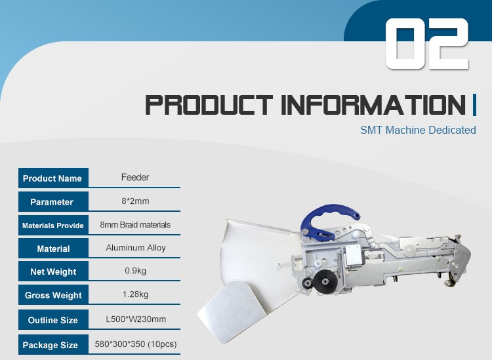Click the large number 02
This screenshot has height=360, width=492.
[x=427, y=43]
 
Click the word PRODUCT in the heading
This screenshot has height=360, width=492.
[x=209, y=105]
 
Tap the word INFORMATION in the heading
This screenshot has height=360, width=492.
[x=373, y=105]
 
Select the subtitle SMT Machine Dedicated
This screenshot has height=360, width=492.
[x=418, y=130]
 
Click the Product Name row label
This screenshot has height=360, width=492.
[x=52, y=178]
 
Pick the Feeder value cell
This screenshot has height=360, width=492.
[x=135, y=177]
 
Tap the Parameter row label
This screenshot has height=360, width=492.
[x=52, y=202]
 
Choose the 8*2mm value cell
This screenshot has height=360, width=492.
[x=135, y=201]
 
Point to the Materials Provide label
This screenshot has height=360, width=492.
[x=52, y=226]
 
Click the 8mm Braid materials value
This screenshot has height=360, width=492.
[x=135, y=224]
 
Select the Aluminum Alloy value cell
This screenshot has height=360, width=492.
[x=136, y=248]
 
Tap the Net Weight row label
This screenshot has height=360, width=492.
[x=53, y=271]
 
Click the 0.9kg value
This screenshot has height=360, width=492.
[x=136, y=270]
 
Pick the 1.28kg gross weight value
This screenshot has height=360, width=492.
[x=135, y=294]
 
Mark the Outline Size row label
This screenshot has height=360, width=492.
[x=52, y=320]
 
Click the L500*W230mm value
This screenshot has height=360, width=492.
[x=136, y=319]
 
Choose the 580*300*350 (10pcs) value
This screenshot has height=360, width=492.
[x=136, y=344]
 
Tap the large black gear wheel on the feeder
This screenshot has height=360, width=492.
[x=324, y=281]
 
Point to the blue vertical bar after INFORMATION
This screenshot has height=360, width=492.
[x=474, y=105]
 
